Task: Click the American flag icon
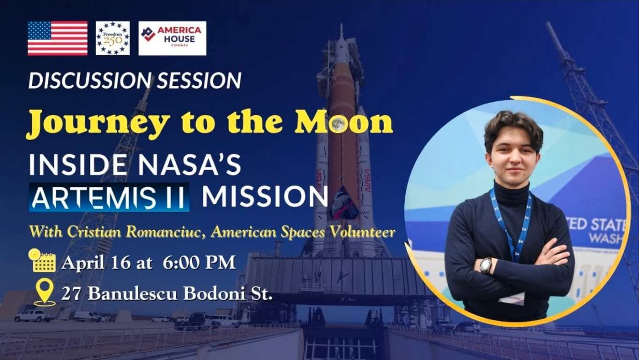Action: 58,38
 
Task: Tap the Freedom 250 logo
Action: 113,38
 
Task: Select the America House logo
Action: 172,38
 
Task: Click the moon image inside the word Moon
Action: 338,124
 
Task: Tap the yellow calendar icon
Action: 42,261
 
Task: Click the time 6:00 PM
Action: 199,263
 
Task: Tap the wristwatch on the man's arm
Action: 486,265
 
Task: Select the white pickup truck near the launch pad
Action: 34,316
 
